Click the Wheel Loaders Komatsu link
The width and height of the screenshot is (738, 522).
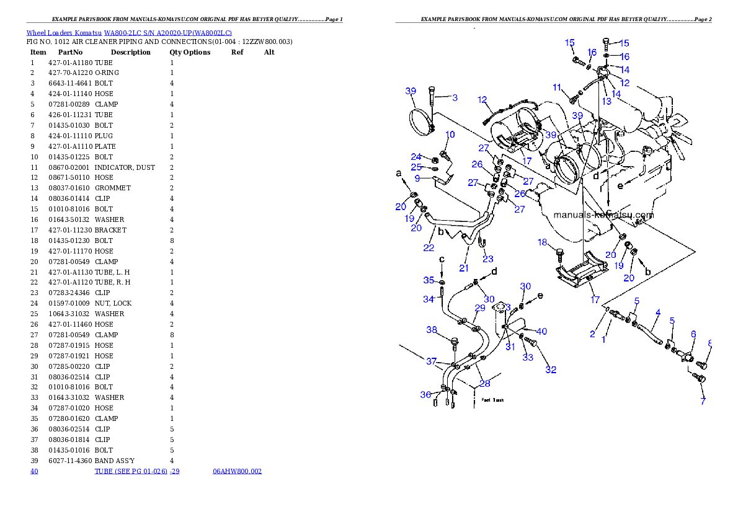(x=64, y=33)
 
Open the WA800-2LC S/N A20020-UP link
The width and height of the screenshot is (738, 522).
(x=168, y=33)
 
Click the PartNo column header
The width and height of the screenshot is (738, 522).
(x=70, y=52)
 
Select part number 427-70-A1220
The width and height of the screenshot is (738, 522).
(x=71, y=73)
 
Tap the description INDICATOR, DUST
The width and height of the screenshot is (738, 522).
(x=125, y=167)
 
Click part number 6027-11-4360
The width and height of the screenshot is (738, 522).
(x=71, y=461)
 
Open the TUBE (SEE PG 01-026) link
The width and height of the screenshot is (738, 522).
(x=131, y=471)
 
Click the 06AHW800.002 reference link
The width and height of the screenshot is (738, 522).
(x=237, y=471)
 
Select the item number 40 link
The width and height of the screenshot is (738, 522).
(x=34, y=471)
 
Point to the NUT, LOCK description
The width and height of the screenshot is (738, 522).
(x=113, y=304)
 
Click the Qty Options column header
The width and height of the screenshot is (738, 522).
(x=190, y=52)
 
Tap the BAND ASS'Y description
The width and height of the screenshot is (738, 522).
(x=114, y=461)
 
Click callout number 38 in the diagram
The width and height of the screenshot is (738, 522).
(x=432, y=330)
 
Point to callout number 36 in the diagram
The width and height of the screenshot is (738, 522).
(x=425, y=394)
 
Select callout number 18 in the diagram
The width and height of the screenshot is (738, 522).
(x=542, y=242)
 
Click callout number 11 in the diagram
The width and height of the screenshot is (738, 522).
(x=557, y=87)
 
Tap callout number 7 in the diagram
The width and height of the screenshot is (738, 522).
(x=703, y=401)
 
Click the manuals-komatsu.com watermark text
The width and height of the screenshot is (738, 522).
(x=603, y=215)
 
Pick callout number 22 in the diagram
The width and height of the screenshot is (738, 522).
(x=429, y=247)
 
